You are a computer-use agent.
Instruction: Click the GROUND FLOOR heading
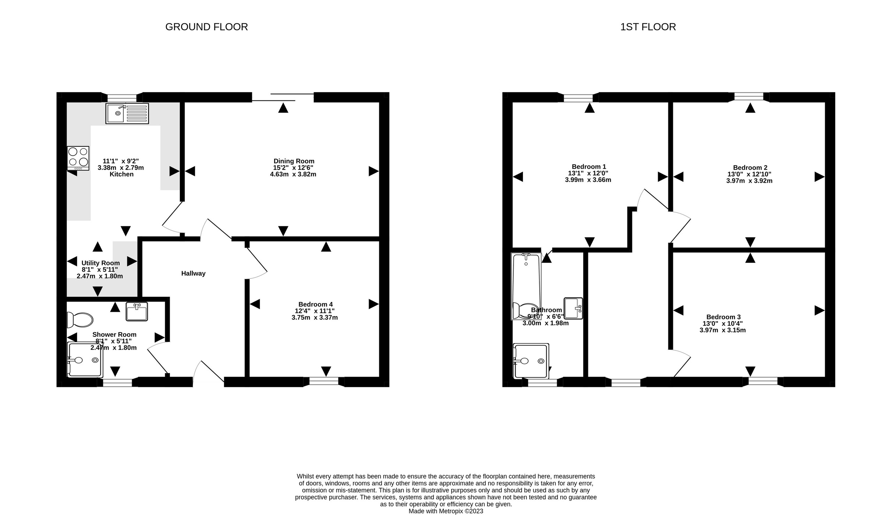tap(206, 27)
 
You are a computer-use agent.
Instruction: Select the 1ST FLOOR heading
tap(648, 27)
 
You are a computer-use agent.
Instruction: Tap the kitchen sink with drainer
tap(127, 113)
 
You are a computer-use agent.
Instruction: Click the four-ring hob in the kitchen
tap(78, 158)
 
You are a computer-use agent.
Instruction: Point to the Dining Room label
tap(294, 161)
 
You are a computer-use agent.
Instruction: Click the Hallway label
tap(193, 273)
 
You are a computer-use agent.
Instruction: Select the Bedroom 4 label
tap(315, 304)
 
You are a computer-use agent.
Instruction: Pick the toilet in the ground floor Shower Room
tap(80, 320)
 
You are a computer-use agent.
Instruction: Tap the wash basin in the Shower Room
tap(137, 312)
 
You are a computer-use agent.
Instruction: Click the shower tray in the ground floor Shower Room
tap(85, 360)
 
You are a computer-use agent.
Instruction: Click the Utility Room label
tap(100, 263)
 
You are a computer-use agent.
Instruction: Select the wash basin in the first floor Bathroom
tap(573, 308)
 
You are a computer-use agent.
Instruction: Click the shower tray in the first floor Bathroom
tap(531, 361)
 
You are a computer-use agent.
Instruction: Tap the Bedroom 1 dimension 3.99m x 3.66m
tap(588, 180)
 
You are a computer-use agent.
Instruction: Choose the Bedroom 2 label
tap(750, 167)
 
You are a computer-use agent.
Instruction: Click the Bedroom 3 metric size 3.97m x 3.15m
tap(722, 330)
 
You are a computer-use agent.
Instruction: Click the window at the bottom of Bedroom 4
tap(324, 381)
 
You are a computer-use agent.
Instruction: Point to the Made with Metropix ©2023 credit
tap(446, 511)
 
